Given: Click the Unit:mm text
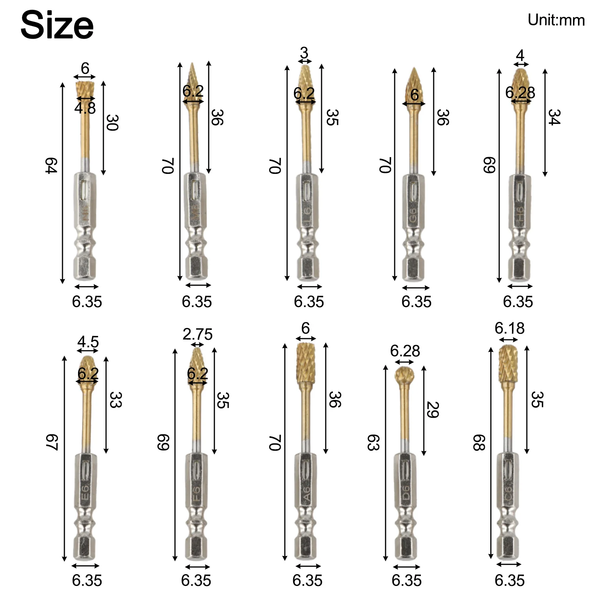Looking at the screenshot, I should (x=556, y=20).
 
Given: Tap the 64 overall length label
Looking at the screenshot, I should (x=51, y=166).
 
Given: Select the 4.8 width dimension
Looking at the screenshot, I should (x=85, y=108).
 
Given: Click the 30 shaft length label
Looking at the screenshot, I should (x=112, y=122).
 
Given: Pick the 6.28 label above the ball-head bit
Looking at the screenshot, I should (x=405, y=351).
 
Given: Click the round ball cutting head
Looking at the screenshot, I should (x=404, y=375).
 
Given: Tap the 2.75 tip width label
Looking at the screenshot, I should (x=197, y=334).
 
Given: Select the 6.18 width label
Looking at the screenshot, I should (x=509, y=328).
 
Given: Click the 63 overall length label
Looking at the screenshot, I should (x=373, y=442).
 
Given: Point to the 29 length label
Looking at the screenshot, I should (x=433, y=410).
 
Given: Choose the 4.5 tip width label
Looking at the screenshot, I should (x=88, y=342).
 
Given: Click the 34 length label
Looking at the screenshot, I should (x=554, y=117).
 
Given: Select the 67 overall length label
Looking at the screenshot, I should (x=52, y=442).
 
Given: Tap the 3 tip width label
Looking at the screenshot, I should (x=304, y=53).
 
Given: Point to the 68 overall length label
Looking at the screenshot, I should (x=479, y=442).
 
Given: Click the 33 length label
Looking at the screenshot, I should (x=115, y=400).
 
